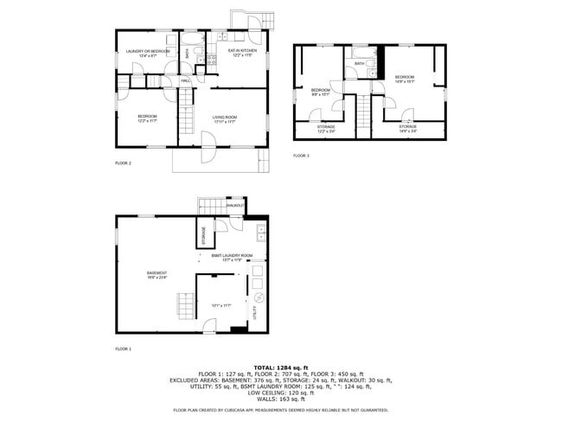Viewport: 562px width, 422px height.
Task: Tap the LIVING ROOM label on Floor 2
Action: (225, 119)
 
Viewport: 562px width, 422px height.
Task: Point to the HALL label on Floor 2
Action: (185, 80)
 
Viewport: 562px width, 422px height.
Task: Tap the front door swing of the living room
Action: (207, 153)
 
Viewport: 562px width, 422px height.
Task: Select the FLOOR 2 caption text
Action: (123, 163)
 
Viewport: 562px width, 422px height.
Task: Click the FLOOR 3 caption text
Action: (301, 156)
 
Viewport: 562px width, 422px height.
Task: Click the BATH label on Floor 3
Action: (359, 63)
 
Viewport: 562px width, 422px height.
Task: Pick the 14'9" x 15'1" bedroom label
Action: (405, 80)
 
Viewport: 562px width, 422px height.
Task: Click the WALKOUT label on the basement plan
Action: (234, 206)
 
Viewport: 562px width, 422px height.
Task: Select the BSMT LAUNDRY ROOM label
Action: (232, 257)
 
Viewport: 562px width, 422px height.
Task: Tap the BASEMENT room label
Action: (156, 275)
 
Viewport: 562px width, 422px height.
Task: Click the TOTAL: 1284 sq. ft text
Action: (281, 368)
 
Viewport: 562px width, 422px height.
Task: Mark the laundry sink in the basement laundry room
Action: (260, 233)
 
